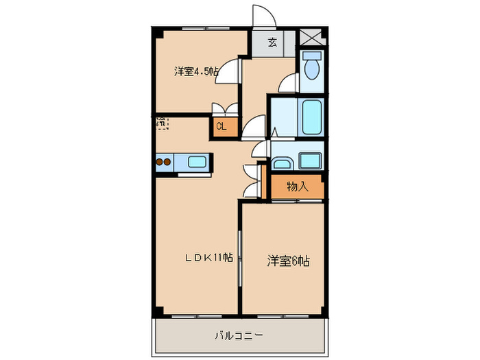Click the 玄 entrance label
272,43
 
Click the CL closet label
221,126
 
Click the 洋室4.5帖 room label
196,71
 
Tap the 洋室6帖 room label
289,261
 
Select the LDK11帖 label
208,258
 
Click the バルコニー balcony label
238,335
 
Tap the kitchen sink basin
197,163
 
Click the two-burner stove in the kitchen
164,163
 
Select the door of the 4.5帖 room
230,71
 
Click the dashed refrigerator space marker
162,123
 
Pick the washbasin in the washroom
281,163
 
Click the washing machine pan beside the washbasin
310,161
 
